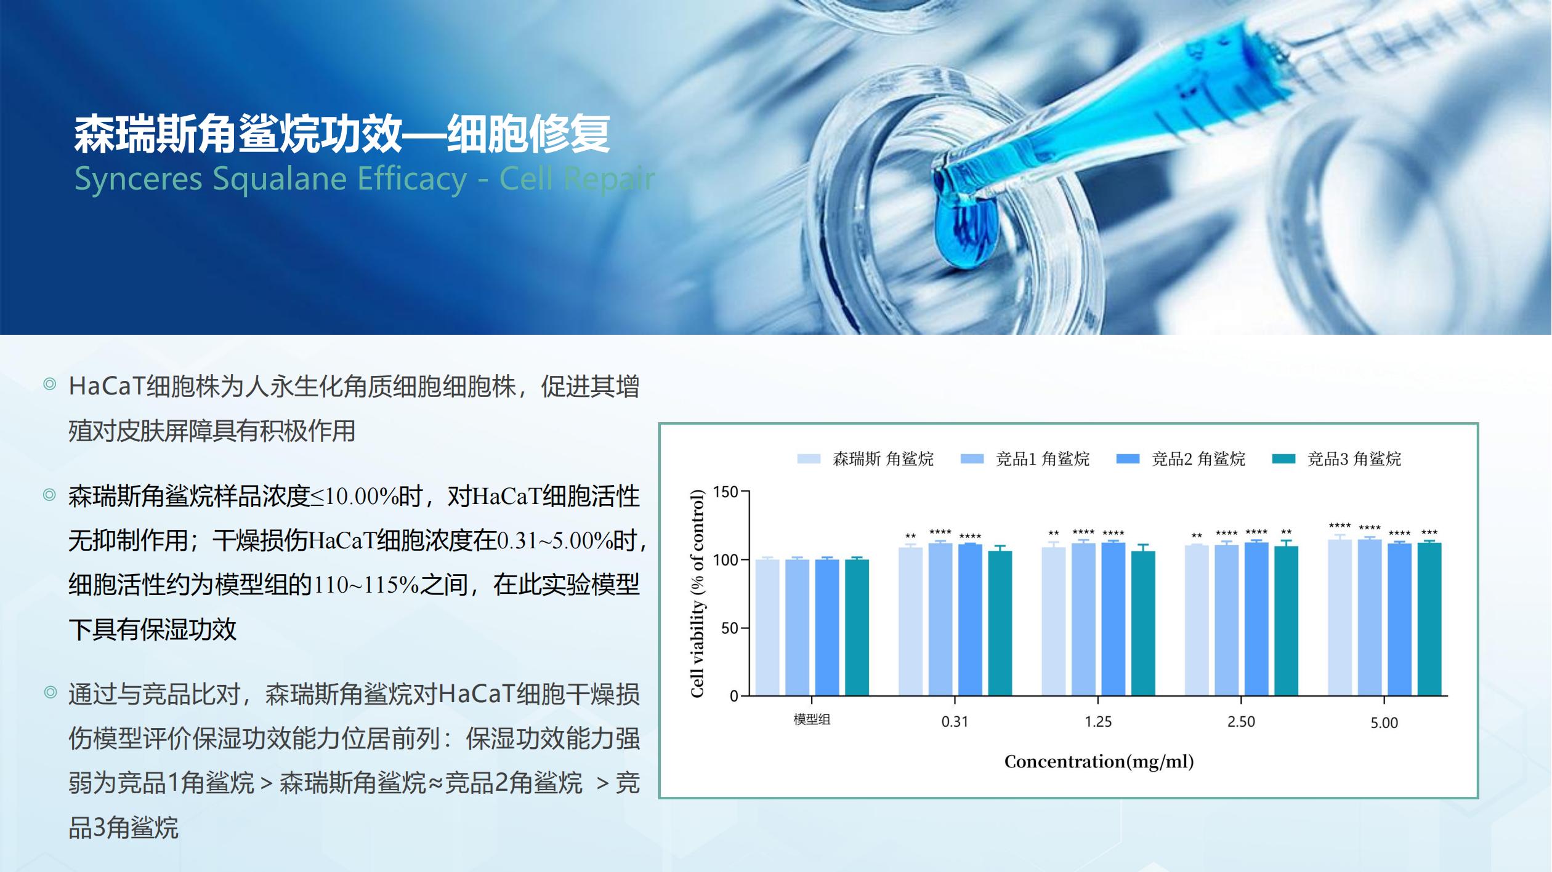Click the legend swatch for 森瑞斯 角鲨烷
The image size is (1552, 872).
pyautogui.click(x=809, y=458)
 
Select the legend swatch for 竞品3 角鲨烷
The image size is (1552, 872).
pyautogui.click(x=1283, y=458)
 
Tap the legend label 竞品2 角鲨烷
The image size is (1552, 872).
pyautogui.click(x=1198, y=458)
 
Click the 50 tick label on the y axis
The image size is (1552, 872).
pyautogui.click(x=729, y=628)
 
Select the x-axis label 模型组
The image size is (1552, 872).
pyautogui.click(x=812, y=719)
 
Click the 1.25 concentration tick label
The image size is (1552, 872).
pyautogui.click(x=1098, y=722)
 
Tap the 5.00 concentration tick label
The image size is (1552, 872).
pyautogui.click(x=1384, y=723)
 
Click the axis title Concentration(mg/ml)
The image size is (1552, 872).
pyautogui.click(x=1099, y=762)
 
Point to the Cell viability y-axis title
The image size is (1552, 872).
pyautogui.click(x=697, y=594)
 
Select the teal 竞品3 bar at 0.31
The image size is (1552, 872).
pyautogui.click(x=1000, y=623)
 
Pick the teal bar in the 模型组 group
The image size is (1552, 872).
pyautogui.click(x=857, y=628)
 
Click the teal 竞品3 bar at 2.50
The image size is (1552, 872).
pyautogui.click(x=1286, y=621)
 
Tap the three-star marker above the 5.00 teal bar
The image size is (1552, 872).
pyautogui.click(x=1429, y=533)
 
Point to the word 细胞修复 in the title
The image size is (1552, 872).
pyautogui.click(x=528, y=134)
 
